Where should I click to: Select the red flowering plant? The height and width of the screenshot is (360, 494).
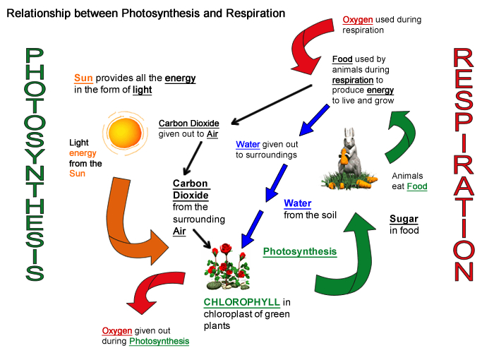coord(227,267)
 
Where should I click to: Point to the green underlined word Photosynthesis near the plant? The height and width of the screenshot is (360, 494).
coord(299,251)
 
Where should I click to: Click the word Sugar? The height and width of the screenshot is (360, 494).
coord(404,219)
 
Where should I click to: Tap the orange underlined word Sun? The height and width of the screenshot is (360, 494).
coord(83,78)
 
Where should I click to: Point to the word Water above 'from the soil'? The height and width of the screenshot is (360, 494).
coord(297,203)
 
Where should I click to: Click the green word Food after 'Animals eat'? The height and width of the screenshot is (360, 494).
coord(416,186)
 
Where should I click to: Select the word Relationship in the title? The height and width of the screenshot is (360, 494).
coord(42,13)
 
